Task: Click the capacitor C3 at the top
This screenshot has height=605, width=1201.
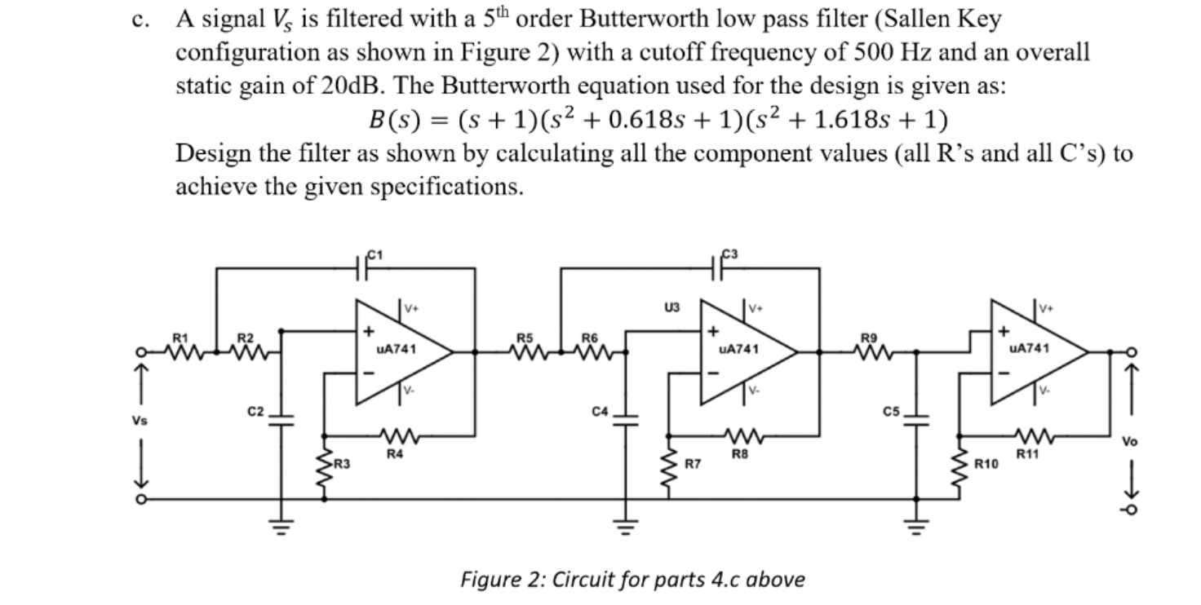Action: (722, 267)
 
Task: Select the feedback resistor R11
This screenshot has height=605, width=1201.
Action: (1029, 437)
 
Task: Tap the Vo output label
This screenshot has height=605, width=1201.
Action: (1129, 441)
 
